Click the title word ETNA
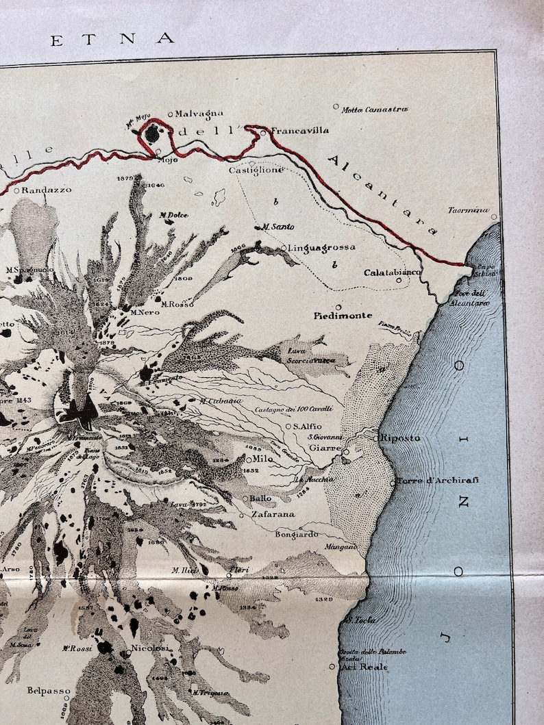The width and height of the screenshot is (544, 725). point(112,39)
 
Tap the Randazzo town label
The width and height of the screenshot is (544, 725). point(46,190)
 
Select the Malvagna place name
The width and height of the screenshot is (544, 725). point(199,114)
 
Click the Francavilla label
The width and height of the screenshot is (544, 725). point(300,130)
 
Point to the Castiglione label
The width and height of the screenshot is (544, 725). point(256,170)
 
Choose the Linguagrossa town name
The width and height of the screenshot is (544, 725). point(321,248)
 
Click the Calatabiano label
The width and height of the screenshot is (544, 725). point(392,272)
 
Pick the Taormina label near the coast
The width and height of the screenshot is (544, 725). point(469,210)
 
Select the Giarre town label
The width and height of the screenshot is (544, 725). point(325,448)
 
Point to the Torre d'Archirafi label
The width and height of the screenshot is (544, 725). point(437,480)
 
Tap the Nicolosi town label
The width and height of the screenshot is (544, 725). point(151,648)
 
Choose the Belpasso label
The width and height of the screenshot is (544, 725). point(49,691)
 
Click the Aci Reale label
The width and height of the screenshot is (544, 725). point(364,667)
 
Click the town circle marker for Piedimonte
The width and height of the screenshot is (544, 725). point(338,307)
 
